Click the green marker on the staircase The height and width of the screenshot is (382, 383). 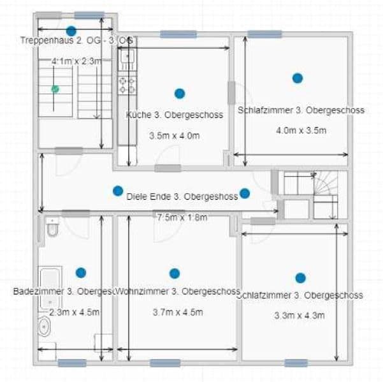tap(55, 89)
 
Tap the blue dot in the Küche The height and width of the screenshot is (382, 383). tap(180, 93)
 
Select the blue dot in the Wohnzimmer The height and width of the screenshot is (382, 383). tap(175, 273)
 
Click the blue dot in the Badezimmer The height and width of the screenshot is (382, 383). tap(81, 272)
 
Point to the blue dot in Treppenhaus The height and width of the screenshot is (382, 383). tap(71, 31)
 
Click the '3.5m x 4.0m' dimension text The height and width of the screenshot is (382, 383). tap(175, 136)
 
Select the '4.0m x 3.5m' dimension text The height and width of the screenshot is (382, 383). tap(301, 131)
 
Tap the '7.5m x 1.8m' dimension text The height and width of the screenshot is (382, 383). tap(182, 217)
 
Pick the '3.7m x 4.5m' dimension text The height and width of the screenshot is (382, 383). tap(178, 312)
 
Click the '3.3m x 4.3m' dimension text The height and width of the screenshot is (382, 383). tap(300, 316)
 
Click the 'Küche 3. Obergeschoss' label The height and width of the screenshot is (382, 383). tap(174, 115)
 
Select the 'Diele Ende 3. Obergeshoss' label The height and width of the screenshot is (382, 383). tap(182, 196)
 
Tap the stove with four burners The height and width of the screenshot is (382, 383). tap(126, 85)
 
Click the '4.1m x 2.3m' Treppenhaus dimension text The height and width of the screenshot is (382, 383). tap(76, 61)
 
